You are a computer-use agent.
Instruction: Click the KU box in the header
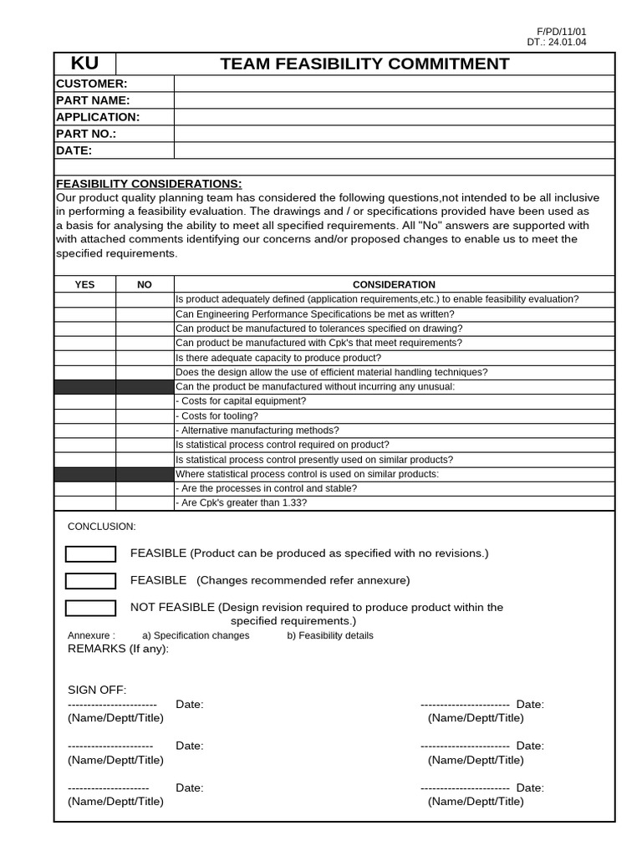tap(84, 64)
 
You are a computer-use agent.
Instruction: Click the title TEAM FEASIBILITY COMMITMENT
tap(364, 64)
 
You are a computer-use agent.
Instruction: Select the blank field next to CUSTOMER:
tap(394, 84)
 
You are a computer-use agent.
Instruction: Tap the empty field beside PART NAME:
tap(394, 100)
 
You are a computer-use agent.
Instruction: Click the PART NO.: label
tap(86, 134)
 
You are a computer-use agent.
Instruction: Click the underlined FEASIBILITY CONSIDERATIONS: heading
tap(149, 184)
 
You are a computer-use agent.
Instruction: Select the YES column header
tap(85, 285)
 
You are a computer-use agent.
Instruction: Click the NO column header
tap(145, 285)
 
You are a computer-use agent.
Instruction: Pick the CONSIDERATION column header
tap(394, 285)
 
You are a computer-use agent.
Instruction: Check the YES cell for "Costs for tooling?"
tap(85, 415)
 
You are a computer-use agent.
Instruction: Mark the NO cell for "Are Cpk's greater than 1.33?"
tap(145, 503)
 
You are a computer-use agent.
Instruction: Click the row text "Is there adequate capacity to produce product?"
tap(278, 357)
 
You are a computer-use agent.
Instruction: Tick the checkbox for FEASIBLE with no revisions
tap(90, 554)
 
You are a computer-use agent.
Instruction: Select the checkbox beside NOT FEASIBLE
tap(90, 608)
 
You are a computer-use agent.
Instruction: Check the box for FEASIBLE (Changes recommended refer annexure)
tap(90, 581)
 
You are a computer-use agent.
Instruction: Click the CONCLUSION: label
tap(101, 527)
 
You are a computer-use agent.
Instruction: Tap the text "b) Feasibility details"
tap(330, 635)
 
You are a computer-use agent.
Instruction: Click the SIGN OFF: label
tap(97, 690)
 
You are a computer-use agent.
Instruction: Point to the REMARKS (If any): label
tap(118, 649)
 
